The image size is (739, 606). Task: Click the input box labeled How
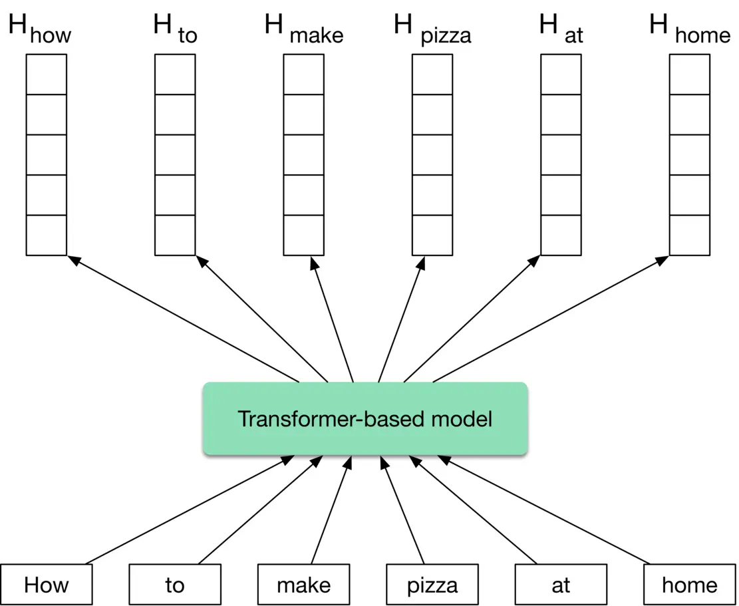click(46, 585)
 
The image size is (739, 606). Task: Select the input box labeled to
click(174, 585)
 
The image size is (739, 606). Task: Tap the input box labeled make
click(303, 585)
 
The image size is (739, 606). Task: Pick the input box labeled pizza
click(432, 585)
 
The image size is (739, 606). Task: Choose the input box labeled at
click(561, 585)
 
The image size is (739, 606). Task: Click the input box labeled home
click(690, 585)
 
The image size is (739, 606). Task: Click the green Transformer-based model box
click(365, 419)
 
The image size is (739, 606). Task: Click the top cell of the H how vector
click(47, 75)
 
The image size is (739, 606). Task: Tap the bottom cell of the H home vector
click(690, 235)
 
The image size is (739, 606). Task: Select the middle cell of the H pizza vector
click(432, 155)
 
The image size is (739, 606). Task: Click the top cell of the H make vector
click(304, 75)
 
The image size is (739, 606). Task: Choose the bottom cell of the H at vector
click(561, 235)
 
